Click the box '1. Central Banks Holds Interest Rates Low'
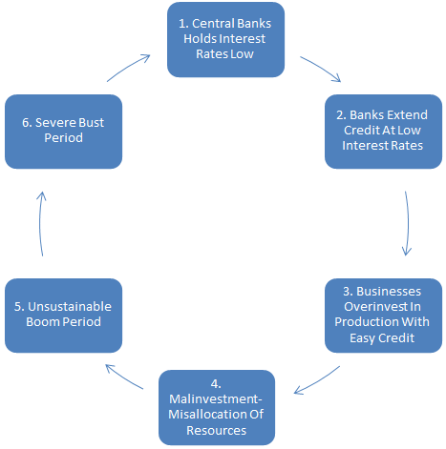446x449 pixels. click(226, 40)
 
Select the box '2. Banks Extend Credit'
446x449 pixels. click(382, 130)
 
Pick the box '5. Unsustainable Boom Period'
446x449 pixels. click(63, 314)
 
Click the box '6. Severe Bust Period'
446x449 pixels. click(63, 131)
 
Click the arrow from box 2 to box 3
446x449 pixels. click(408, 223)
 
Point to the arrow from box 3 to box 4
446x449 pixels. click(319, 378)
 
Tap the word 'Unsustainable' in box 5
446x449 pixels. click(65, 306)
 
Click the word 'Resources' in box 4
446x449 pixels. click(218, 430)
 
